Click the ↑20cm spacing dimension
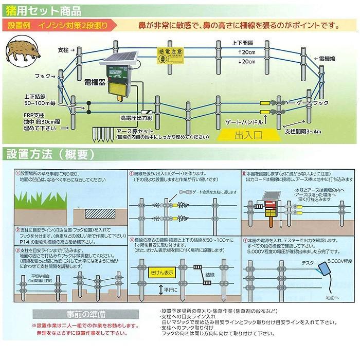tap(246, 53)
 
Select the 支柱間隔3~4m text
tap(303, 132)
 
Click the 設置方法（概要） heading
tap(50, 154)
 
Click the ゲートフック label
tap(311, 103)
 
